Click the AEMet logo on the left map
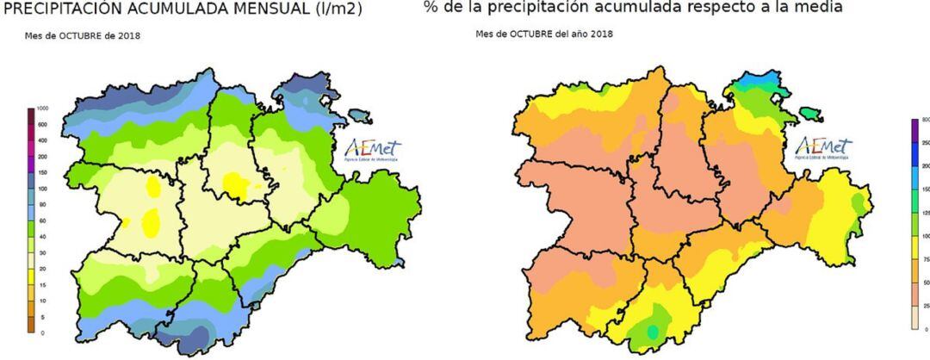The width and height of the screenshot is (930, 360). point(372,149)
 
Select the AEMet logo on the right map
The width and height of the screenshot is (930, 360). point(823,147)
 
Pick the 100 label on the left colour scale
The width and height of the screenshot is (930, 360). point(41,188)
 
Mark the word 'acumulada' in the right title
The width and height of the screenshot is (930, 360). point(640,7)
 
